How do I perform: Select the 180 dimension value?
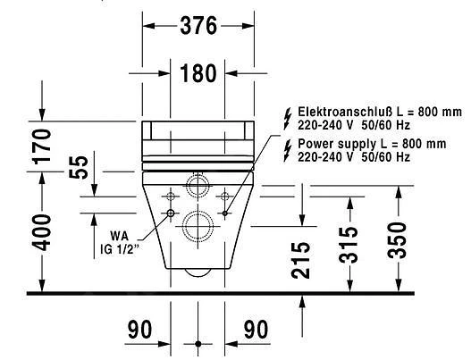(197, 73)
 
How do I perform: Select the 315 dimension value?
(349, 243)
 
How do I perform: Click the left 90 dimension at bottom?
(140, 330)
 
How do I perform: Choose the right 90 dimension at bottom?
(256, 330)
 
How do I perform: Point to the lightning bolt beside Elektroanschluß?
(286, 116)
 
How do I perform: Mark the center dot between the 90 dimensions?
(197, 343)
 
